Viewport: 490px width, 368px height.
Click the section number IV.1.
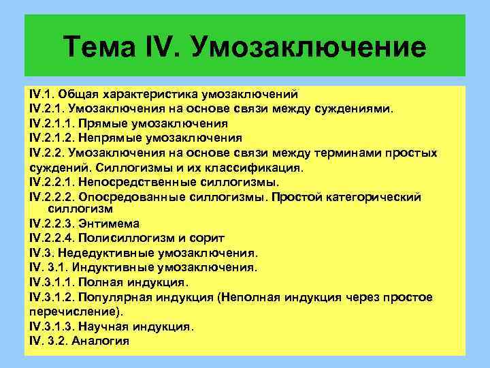tap(42, 93)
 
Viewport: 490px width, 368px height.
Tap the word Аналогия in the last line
tap(100, 341)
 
